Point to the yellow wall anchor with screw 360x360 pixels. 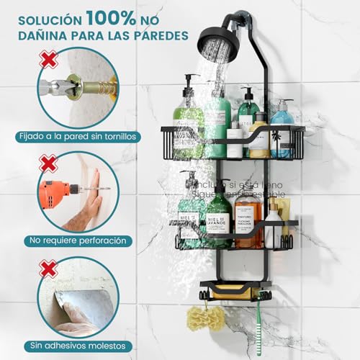point(94,92)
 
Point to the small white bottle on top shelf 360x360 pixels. point(235,141)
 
